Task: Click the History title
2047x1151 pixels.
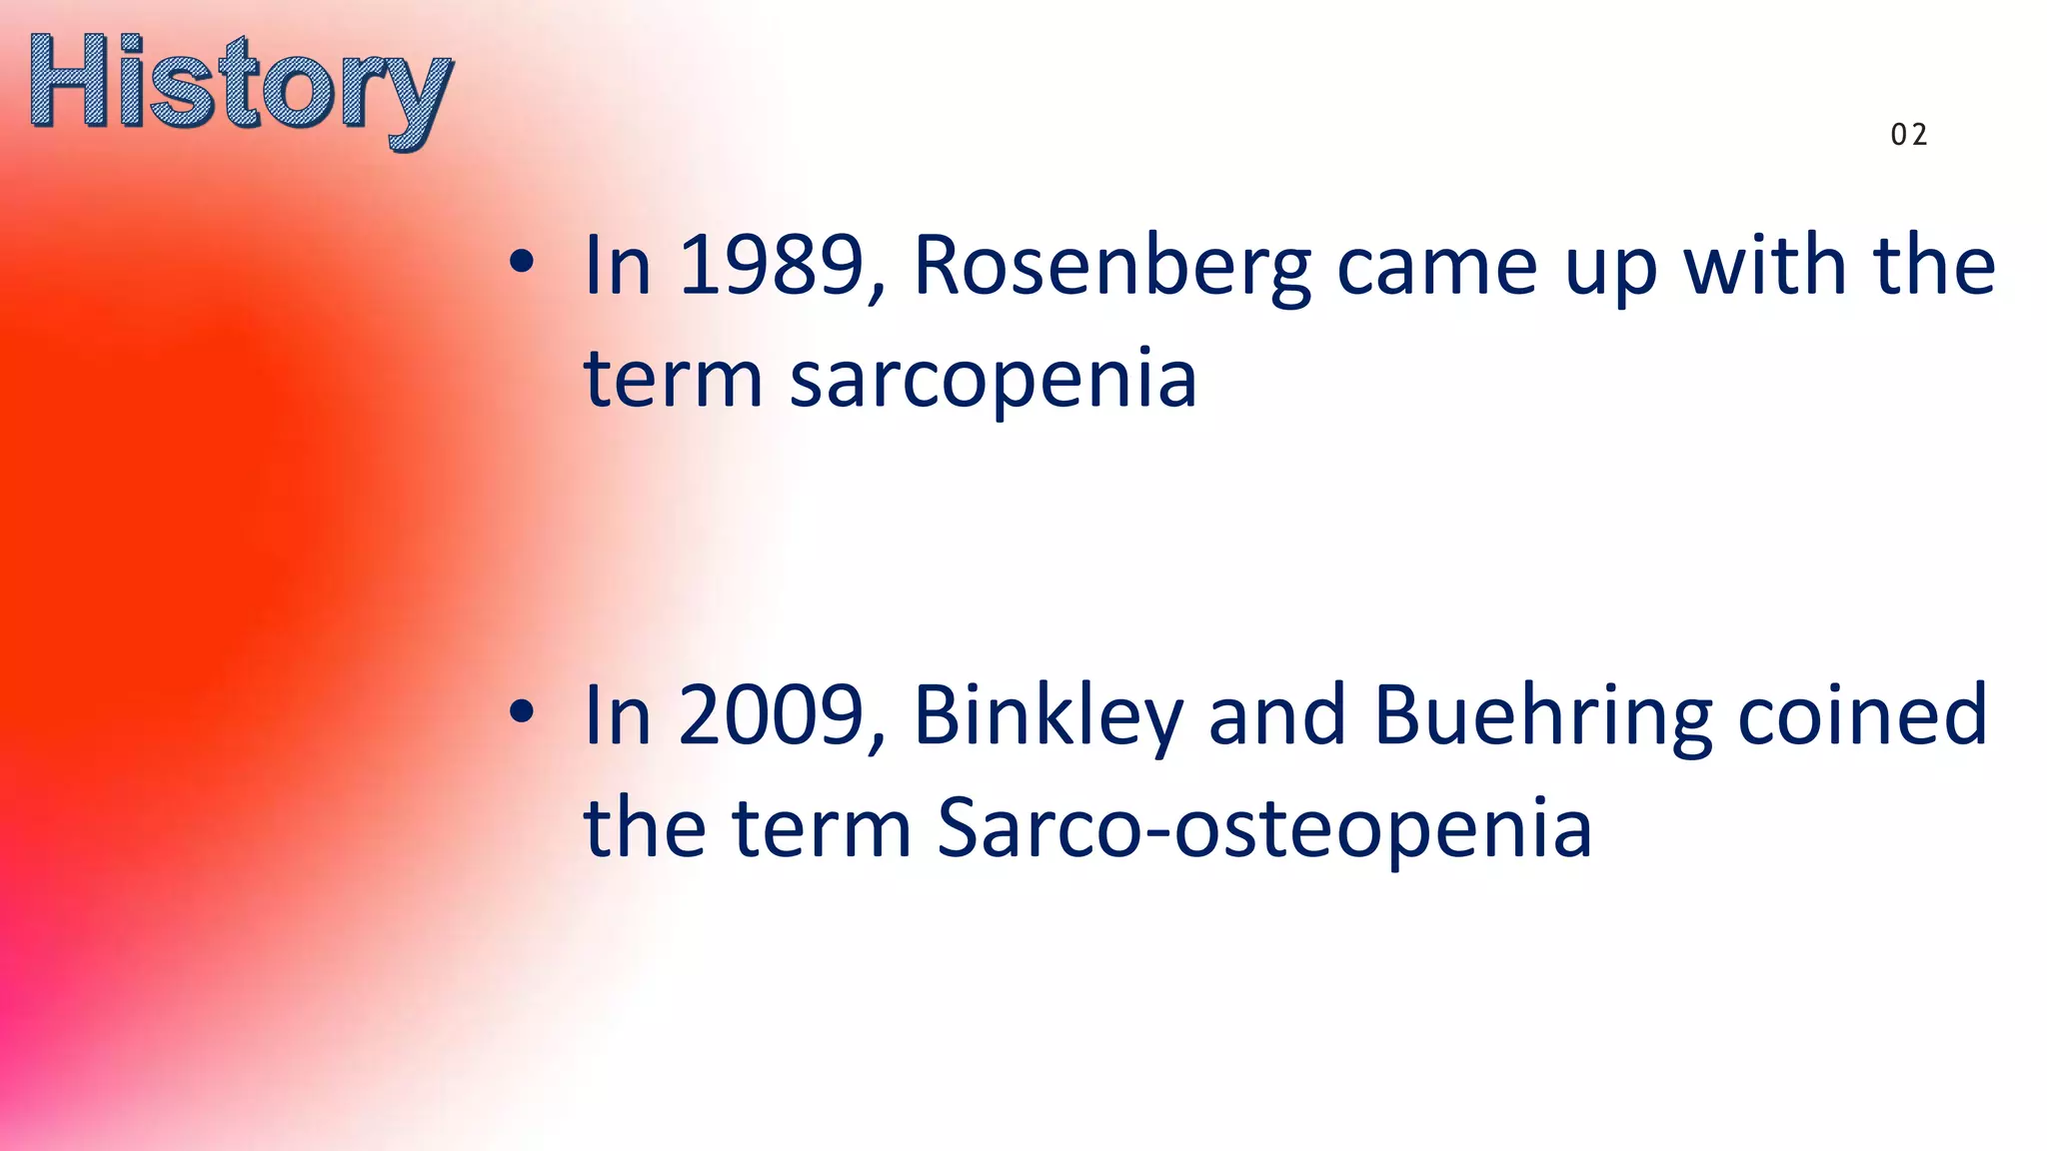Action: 240,88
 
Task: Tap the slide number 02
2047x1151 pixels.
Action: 1908,135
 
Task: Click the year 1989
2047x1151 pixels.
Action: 771,266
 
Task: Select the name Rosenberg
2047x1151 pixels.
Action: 1111,268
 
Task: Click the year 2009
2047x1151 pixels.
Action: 771,715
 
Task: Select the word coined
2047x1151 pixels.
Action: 1862,715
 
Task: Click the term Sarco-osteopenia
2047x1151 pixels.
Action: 1263,829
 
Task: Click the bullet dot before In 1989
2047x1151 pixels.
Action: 521,263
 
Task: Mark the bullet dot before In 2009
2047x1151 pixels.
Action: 521,712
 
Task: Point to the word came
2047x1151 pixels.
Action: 1436,268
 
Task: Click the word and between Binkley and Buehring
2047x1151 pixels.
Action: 1276,715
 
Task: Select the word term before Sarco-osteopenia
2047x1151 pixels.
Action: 822,829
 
